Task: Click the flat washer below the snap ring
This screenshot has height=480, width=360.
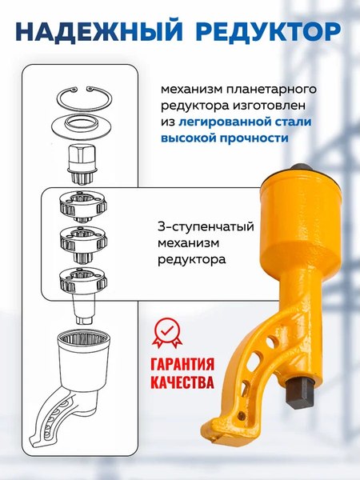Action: click(x=83, y=126)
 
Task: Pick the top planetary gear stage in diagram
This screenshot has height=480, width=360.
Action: click(x=83, y=206)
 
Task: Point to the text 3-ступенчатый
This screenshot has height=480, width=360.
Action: click(x=198, y=227)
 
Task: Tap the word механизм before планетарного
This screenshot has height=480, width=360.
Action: click(x=194, y=87)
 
